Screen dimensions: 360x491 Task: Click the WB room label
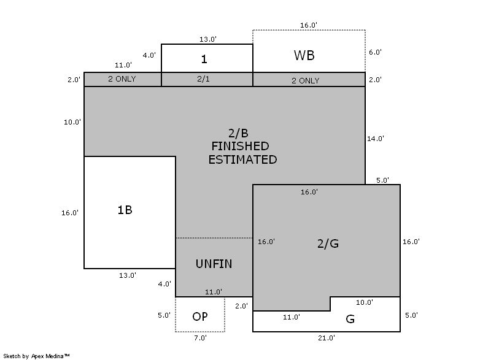(304, 55)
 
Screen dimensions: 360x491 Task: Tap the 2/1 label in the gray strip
(203, 80)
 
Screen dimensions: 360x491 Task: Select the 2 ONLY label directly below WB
(305, 80)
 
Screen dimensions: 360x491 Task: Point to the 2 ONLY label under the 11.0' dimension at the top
(122, 79)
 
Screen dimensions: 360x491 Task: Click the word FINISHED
(240, 147)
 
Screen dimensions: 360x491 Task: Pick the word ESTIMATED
(242, 159)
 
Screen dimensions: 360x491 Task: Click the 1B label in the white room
(125, 210)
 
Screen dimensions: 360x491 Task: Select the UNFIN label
(214, 264)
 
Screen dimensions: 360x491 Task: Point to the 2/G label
(328, 243)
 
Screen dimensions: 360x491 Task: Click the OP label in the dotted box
(199, 316)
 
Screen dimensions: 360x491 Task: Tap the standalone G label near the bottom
(350, 320)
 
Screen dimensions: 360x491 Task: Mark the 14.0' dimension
(375, 139)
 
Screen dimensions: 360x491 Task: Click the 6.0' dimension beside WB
(375, 53)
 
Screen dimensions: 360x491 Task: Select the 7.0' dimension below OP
(200, 337)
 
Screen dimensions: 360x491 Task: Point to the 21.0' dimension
(326, 338)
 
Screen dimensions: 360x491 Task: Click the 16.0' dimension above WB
(309, 25)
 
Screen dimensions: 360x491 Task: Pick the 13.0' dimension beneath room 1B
(128, 275)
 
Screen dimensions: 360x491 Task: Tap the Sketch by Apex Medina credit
(37, 356)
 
